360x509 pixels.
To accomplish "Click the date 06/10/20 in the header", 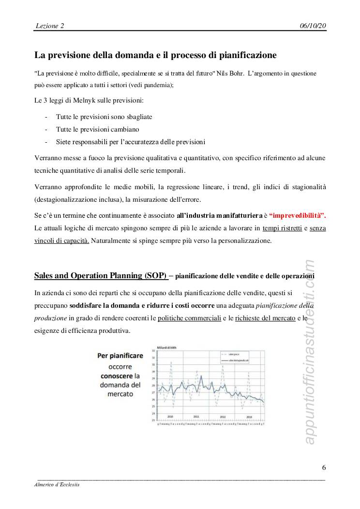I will click(313, 25).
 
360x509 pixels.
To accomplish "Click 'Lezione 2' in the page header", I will click(50, 25).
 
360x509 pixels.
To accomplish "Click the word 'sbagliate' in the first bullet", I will click(139, 117).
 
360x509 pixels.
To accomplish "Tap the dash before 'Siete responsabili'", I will click(45, 142).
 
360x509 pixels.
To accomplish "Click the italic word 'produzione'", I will click(50, 318).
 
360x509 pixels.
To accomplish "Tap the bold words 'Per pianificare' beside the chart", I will click(120, 356).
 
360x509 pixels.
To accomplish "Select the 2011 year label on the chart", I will click(196, 416).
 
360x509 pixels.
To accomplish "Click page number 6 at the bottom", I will click(324, 467).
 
